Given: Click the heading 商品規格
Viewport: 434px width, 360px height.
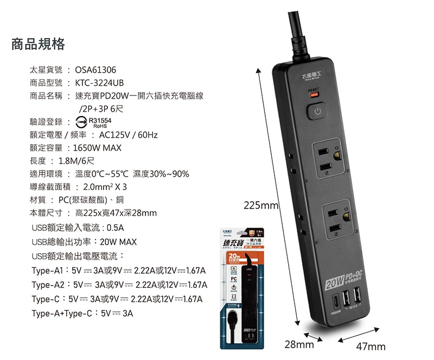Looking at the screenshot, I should (39, 44).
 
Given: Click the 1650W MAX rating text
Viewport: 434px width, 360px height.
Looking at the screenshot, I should (97, 147).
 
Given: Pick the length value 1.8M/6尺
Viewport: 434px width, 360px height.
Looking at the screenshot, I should (76, 160).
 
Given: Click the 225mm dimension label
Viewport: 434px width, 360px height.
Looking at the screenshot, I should (261, 206).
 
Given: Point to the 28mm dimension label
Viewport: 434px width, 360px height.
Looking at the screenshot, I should (299, 344).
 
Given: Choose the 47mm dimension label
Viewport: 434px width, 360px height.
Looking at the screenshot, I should (371, 347).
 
